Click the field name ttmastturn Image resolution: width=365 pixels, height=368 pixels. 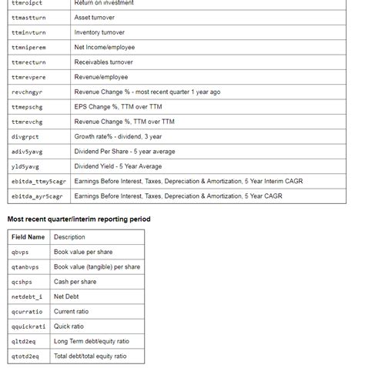click(28, 18)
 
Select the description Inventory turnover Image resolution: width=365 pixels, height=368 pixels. click(99, 32)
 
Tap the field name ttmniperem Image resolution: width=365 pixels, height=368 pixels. click(28, 48)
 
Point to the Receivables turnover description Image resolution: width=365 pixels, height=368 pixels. click(103, 62)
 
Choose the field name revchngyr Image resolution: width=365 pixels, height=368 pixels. click(27, 92)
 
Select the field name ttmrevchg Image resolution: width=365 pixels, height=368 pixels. click(27, 122)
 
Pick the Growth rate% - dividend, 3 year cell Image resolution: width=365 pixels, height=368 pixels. click(118, 136)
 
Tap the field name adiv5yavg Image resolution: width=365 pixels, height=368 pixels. click(27, 152)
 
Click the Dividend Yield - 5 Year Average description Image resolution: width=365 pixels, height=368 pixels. click(118, 166)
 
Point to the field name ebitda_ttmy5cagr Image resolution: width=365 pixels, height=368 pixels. click(39, 181)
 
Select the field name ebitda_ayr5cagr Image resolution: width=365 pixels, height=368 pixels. click(37, 196)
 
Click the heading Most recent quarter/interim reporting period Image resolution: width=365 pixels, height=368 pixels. click(79, 219)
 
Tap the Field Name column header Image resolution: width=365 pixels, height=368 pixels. click(28, 237)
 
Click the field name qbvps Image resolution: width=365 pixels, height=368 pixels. click(19, 252)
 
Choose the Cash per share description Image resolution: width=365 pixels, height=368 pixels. click(75, 282)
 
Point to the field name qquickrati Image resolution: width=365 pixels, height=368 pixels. click(28, 326)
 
